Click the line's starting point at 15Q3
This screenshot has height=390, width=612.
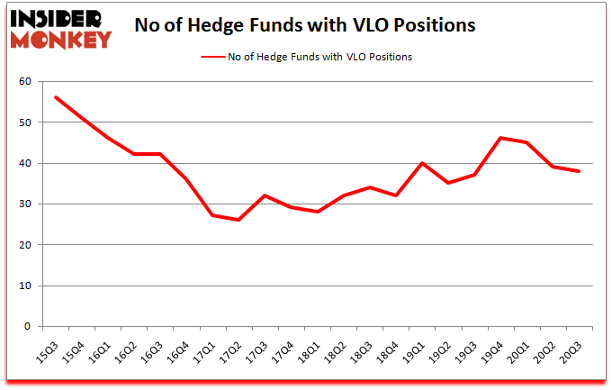pyautogui.click(x=56, y=97)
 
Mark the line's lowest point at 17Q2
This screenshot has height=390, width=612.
pyautogui.click(x=238, y=220)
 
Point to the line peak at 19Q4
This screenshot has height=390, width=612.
pyautogui.click(x=500, y=138)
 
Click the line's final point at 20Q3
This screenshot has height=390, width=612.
pyautogui.click(x=579, y=171)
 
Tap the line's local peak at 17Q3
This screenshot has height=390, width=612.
pyautogui.click(x=265, y=195)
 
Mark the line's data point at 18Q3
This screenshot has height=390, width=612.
pyautogui.click(x=369, y=187)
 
